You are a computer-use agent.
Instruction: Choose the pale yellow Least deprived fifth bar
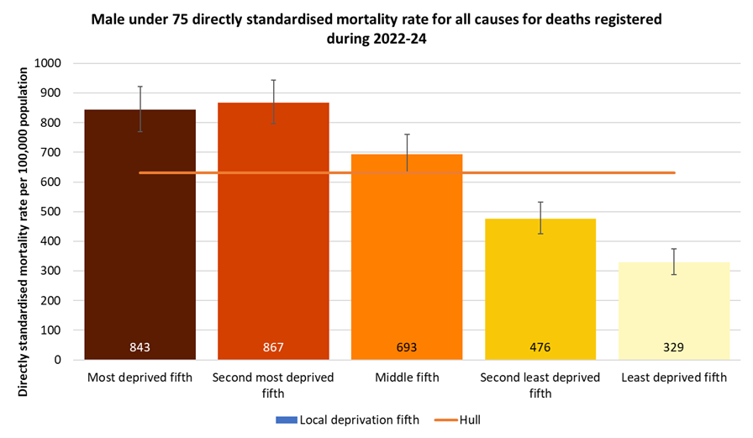coord(673,310)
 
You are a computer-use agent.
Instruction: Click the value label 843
coord(140,346)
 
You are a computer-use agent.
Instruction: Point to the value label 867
coord(273,346)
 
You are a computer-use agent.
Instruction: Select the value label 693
coord(407,346)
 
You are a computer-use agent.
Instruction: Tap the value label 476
coord(540,346)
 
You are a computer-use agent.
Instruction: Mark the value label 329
coord(673,346)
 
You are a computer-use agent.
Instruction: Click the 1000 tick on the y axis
coord(49,63)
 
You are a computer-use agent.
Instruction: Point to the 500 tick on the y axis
coord(52,212)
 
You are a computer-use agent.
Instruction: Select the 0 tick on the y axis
coord(59,360)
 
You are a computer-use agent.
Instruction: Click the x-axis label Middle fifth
coord(407,377)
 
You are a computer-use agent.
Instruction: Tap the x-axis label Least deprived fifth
coord(673,377)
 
